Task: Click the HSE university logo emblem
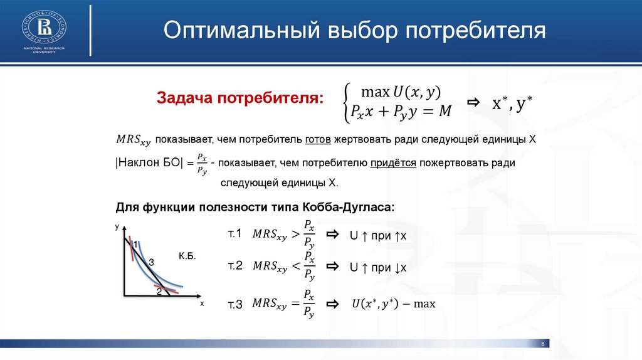44,27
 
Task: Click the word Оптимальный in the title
241,30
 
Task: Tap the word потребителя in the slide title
476,30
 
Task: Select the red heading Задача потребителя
240,98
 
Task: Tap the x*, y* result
512,103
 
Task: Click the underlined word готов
318,140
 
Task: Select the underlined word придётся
393,163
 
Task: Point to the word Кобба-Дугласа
349,207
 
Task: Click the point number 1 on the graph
135,245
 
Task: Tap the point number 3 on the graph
151,263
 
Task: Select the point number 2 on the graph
159,292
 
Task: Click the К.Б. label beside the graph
187,257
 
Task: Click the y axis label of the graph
117,227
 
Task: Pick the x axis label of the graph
202,304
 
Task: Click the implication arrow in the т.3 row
332,304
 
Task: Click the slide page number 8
543,344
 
